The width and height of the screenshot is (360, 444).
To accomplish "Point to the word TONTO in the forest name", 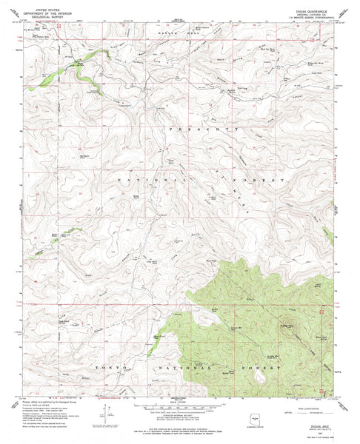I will pyautogui.click(x=106, y=366).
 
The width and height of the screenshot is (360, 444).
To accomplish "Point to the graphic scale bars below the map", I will pyautogui.click(x=180, y=408).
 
